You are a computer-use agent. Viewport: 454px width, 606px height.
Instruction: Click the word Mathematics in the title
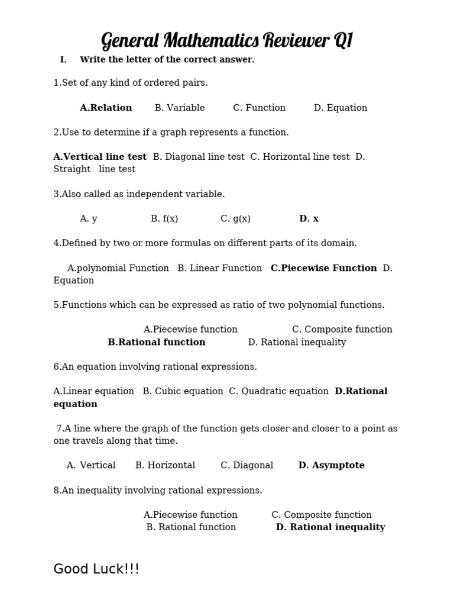pyautogui.click(x=211, y=41)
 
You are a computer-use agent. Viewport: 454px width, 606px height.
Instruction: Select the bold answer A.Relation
pyautogui.click(x=106, y=108)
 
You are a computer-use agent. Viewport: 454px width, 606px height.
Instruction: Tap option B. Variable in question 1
pyautogui.click(x=180, y=108)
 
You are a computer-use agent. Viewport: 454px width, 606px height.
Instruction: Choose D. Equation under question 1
pyautogui.click(x=340, y=108)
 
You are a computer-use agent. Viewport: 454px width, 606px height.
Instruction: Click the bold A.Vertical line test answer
pyautogui.click(x=100, y=157)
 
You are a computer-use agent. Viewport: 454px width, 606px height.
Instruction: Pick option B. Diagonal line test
pyautogui.click(x=199, y=157)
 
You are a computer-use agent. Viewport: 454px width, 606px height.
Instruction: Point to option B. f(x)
pyautogui.click(x=164, y=219)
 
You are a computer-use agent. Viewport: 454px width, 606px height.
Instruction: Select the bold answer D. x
pyautogui.click(x=309, y=219)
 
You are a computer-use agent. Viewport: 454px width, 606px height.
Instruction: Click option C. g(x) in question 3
pyautogui.click(x=235, y=219)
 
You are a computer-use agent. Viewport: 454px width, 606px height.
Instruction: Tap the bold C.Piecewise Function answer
pyautogui.click(x=323, y=268)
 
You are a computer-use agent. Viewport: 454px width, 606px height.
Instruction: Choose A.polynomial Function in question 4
pyautogui.click(x=118, y=268)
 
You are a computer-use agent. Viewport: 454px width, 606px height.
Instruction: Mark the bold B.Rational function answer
pyautogui.click(x=157, y=342)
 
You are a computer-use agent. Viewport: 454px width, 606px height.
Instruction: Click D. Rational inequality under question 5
pyautogui.click(x=297, y=342)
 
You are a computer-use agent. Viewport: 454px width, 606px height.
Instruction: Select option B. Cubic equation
pyautogui.click(x=183, y=391)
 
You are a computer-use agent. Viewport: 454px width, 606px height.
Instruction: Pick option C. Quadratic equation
pyautogui.click(x=278, y=391)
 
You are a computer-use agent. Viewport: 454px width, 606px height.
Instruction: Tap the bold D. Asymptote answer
pyautogui.click(x=331, y=465)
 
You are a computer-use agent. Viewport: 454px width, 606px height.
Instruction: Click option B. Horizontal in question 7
pyautogui.click(x=165, y=465)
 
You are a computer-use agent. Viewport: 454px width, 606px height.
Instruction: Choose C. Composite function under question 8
pyautogui.click(x=322, y=515)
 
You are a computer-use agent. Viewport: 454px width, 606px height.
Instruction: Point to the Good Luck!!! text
pyautogui.click(x=96, y=569)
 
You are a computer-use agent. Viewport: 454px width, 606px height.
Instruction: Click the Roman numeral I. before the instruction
pyautogui.click(x=63, y=60)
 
